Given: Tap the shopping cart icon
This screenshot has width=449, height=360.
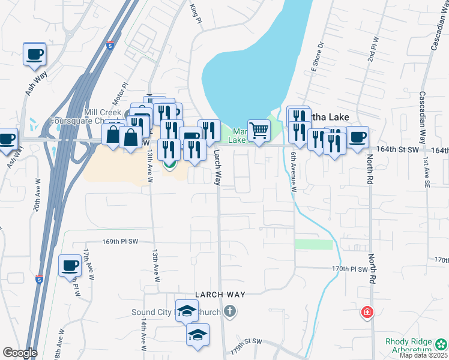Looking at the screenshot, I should click(259, 130).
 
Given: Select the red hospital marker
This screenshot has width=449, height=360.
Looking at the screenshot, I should click(367, 313).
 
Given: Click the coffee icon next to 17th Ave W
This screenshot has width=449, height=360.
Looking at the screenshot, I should click(70, 265).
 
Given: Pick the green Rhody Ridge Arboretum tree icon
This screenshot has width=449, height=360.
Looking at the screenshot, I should click(441, 344).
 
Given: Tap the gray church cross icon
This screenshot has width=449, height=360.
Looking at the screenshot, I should click(229, 311).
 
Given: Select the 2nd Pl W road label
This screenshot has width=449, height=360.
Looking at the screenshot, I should click(373, 49).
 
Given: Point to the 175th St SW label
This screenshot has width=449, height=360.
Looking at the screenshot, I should click(247, 341).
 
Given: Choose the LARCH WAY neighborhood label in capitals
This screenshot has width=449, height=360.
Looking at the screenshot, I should click(220, 295).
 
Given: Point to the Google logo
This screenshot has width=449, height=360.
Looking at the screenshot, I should click(20, 353).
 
